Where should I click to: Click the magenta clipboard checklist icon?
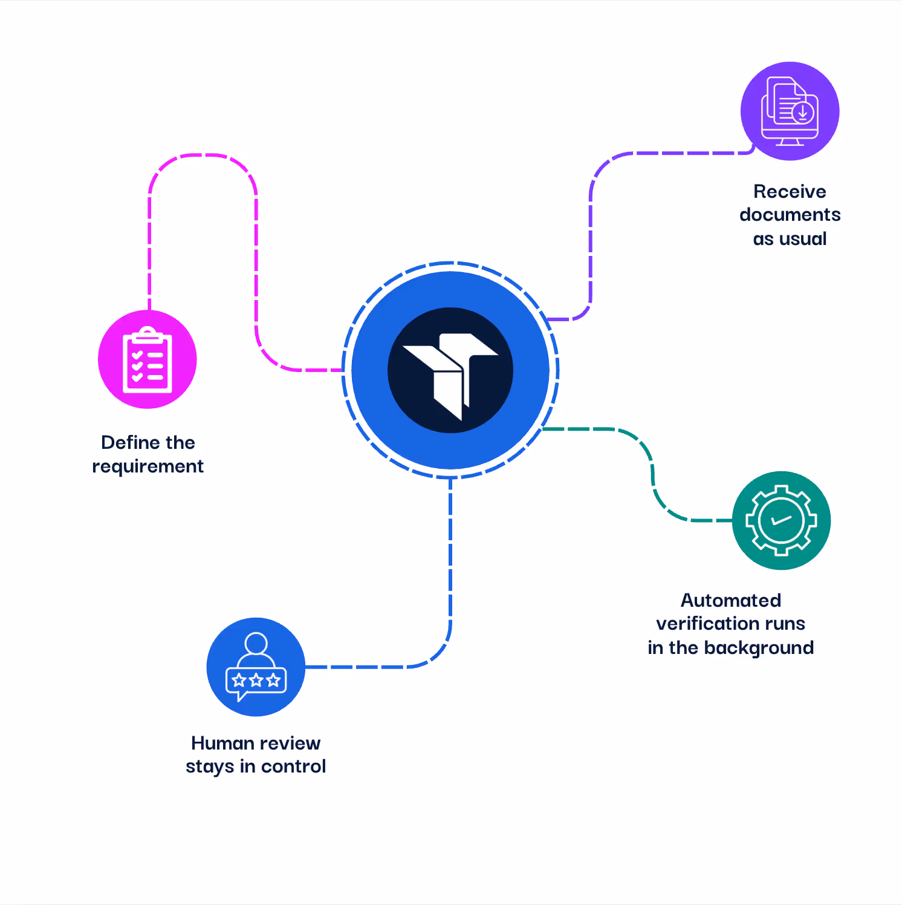click(148, 359)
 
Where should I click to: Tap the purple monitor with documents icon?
click(790, 111)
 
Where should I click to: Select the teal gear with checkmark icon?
click(781, 520)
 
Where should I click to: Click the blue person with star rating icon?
click(256, 667)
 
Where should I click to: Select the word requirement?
click(148, 466)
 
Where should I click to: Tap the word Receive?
click(790, 192)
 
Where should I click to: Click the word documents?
click(790, 215)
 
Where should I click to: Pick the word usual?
click(802, 239)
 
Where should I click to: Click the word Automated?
click(730, 600)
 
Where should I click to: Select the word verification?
click(706, 624)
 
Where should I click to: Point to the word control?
click(293, 766)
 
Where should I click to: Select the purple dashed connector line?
click(591, 242)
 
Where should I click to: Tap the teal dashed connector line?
click(652, 472)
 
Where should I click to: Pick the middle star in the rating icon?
click(256, 680)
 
